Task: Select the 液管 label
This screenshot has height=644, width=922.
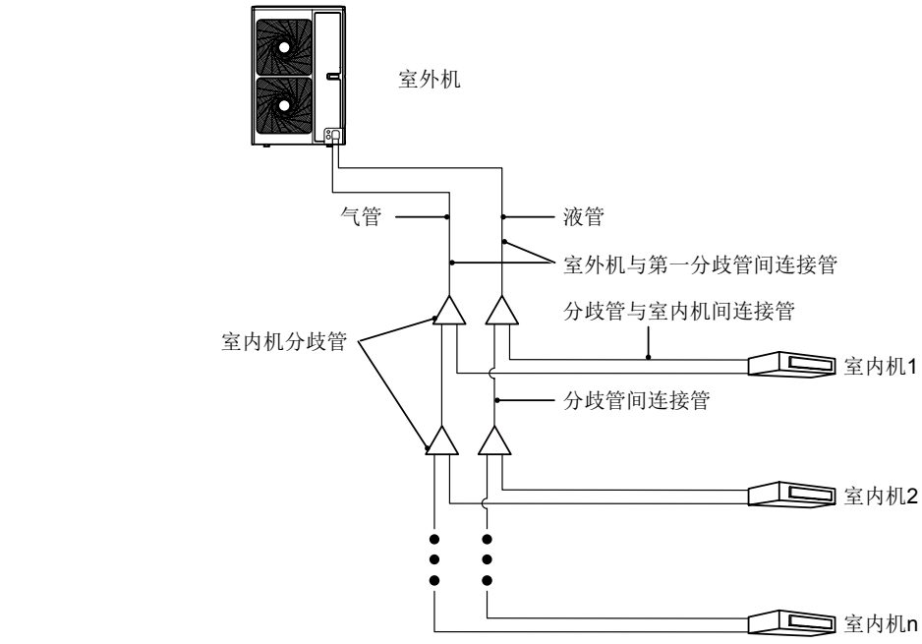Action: [582, 217]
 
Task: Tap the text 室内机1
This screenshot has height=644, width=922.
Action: [880, 367]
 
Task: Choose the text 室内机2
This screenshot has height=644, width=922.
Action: [880, 496]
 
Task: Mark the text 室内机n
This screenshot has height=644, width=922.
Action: [880, 623]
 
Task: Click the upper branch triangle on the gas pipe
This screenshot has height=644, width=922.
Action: [448, 312]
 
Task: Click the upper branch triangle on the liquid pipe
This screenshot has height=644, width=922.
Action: [502, 312]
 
